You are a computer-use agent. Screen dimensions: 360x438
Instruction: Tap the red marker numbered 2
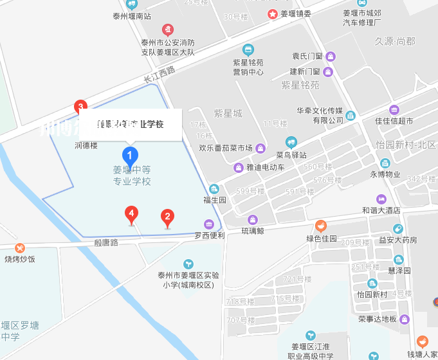click(x=167, y=217)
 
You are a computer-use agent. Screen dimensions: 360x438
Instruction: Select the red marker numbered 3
click(x=80, y=107)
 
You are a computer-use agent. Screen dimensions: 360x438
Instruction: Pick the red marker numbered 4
click(x=131, y=213)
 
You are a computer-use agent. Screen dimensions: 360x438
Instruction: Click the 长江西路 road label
click(x=159, y=75)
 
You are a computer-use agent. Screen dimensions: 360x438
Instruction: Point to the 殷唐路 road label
click(x=106, y=242)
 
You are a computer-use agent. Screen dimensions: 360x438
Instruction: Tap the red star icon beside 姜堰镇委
click(x=273, y=14)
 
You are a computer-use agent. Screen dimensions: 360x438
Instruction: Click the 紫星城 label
click(x=228, y=114)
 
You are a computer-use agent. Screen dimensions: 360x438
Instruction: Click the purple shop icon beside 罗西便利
click(x=209, y=224)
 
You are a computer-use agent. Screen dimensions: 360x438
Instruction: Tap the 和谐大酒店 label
click(x=381, y=210)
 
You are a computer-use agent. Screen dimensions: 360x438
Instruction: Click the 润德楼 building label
click(x=86, y=145)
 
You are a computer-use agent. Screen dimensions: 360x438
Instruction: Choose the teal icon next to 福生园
click(x=215, y=189)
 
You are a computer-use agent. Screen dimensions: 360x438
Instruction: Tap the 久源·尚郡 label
click(x=395, y=41)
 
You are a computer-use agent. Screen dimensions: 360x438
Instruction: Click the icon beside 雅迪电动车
click(x=238, y=167)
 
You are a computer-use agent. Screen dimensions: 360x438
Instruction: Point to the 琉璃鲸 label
click(x=252, y=231)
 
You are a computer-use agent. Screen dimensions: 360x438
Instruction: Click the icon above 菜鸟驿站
click(x=291, y=143)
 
